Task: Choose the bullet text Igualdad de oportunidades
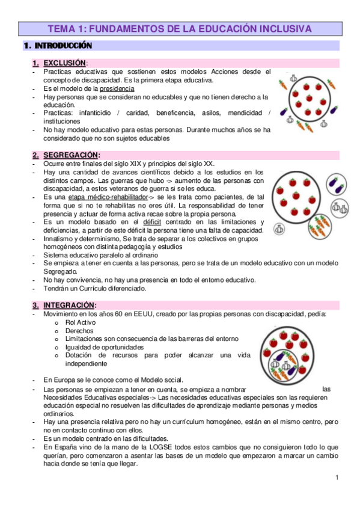click(104, 347)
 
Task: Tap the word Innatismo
click(60, 239)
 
